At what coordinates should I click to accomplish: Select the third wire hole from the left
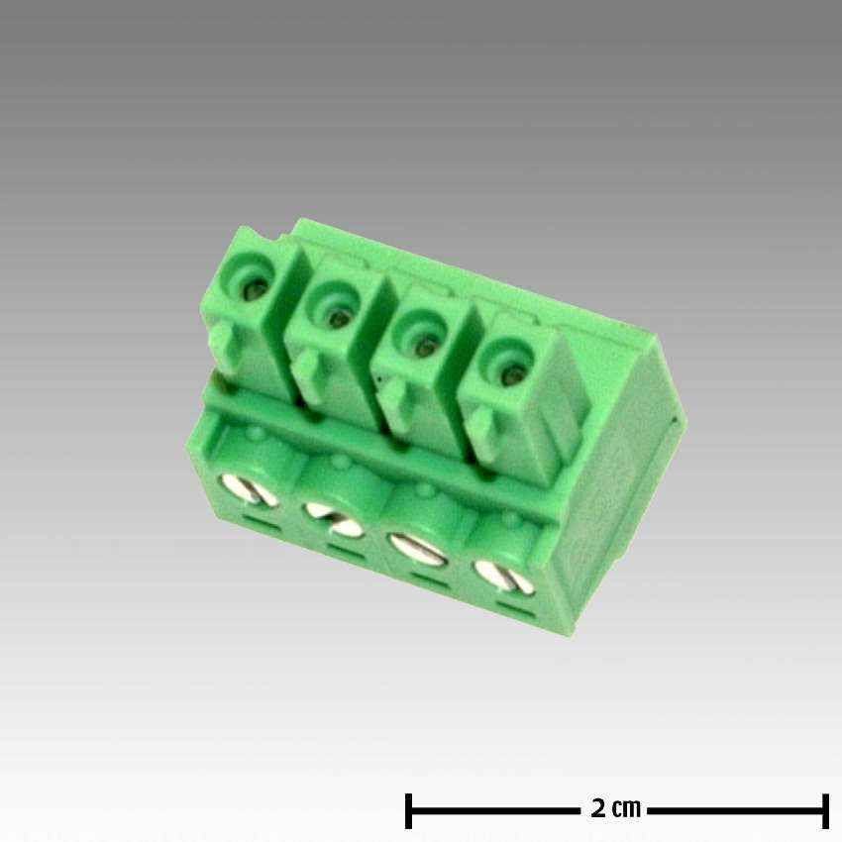(x=424, y=347)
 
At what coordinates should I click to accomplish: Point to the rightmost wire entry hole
(x=510, y=375)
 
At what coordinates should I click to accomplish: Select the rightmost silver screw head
(x=502, y=576)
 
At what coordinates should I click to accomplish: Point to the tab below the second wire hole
(x=307, y=372)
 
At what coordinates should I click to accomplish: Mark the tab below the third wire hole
(x=392, y=401)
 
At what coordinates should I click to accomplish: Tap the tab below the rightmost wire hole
(x=479, y=430)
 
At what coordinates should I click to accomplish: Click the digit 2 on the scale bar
(x=598, y=809)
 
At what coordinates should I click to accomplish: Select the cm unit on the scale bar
(x=627, y=810)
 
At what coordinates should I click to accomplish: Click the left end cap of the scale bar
(x=408, y=810)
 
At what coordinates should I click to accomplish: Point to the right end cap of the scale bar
(x=825, y=810)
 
